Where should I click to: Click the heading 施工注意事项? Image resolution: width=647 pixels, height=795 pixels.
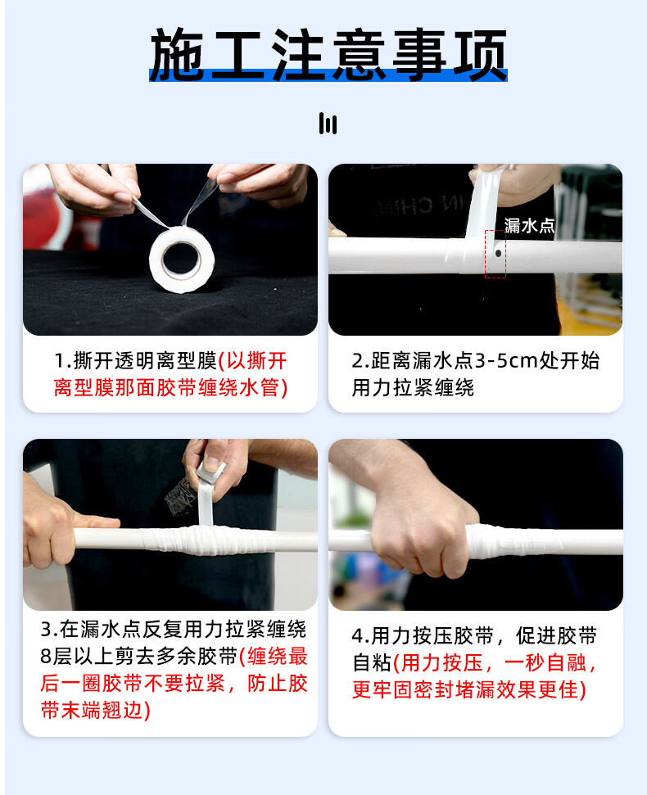point(328,55)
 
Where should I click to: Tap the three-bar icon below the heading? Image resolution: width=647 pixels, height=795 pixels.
point(328,123)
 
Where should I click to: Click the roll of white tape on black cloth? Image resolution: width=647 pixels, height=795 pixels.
point(182,259)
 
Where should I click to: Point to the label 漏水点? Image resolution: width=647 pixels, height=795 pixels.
point(529,226)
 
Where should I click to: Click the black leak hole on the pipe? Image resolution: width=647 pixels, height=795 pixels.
point(498,252)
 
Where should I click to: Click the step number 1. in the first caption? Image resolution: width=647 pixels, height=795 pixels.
point(63,362)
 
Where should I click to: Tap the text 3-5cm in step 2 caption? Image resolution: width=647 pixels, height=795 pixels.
point(506,361)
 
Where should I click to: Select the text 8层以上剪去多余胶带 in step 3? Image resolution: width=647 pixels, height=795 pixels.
point(139,657)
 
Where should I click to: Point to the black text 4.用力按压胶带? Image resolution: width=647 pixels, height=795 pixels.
point(423,636)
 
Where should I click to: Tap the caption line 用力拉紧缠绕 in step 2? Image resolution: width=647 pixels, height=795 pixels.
point(414,388)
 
